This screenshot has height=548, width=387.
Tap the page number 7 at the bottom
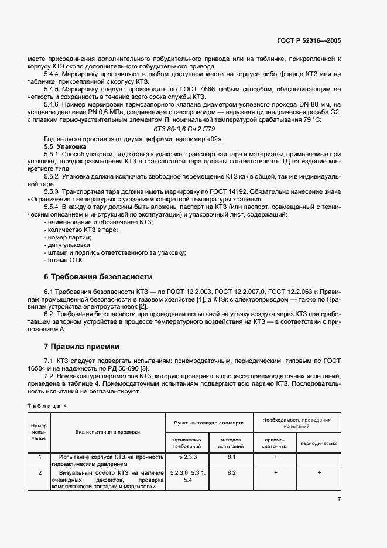coord(339,499)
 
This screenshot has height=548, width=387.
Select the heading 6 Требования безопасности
coord(98,276)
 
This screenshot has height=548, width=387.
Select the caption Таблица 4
coord(47,406)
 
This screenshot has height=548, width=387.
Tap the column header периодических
coord(318,443)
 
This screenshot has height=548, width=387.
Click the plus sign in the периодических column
coord(319,472)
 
